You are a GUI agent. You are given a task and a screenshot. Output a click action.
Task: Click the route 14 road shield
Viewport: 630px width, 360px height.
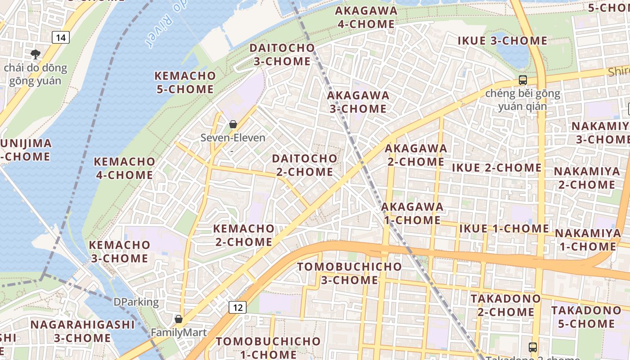pos(60,37)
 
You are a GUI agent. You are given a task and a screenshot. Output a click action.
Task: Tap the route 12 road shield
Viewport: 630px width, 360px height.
pos(237,307)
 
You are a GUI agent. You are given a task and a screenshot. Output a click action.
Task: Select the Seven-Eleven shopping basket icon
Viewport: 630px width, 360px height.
pos(233,124)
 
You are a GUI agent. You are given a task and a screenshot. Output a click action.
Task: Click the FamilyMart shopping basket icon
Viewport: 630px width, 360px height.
pos(179,319)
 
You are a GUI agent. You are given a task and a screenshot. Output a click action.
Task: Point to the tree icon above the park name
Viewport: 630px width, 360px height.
pos(36,54)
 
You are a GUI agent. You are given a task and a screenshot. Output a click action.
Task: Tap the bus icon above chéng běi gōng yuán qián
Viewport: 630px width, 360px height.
pos(522,80)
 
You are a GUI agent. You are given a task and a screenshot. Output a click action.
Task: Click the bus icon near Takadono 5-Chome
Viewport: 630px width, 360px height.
pos(533,347)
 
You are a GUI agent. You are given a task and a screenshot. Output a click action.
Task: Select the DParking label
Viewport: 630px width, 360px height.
pos(136,302)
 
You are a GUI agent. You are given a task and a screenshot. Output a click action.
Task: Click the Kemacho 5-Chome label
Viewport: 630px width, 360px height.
pos(185,82)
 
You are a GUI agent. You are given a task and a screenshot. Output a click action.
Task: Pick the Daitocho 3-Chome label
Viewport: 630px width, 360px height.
pos(282,54)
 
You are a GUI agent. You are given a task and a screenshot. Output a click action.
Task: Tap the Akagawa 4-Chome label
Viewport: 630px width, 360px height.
pos(366,18)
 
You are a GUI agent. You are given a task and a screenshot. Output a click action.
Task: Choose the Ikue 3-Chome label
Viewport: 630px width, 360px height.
pos(502,40)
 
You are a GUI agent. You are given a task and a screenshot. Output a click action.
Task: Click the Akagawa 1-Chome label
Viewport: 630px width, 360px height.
pos(412,213)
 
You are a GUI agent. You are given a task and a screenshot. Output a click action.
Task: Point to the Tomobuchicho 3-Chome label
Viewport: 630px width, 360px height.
pos(349,273)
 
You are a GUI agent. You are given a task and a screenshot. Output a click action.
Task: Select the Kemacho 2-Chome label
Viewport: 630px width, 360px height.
pos(243,235)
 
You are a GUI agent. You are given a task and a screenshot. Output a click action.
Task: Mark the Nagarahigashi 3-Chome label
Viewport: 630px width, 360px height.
pos(82,331)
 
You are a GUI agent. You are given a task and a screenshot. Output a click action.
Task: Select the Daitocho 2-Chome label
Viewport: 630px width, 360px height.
pos(305,165)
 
